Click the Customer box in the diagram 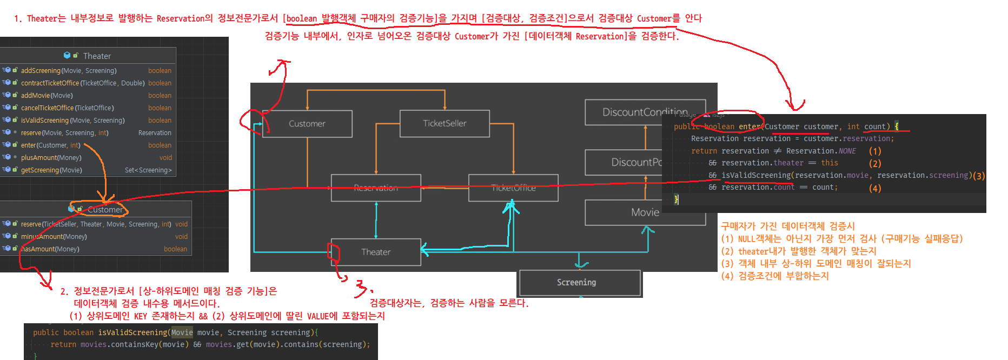click(x=307, y=124)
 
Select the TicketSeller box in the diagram click(x=445, y=124)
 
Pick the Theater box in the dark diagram click(x=376, y=252)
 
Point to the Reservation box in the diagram click(x=376, y=188)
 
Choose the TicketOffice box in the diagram click(x=513, y=188)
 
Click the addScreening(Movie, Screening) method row click(x=69, y=71)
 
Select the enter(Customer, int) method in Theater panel click(x=50, y=145)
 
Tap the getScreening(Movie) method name click(x=51, y=170)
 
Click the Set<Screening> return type click(x=148, y=170)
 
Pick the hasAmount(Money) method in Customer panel click(x=50, y=249)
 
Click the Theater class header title click(x=97, y=56)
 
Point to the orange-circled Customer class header click(x=105, y=210)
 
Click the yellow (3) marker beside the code click(x=979, y=176)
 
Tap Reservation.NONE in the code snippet click(x=821, y=151)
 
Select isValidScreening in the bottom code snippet click(x=132, y=332)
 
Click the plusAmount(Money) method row click(x=51, y=158)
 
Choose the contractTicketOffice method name click(x=50, y=83)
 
